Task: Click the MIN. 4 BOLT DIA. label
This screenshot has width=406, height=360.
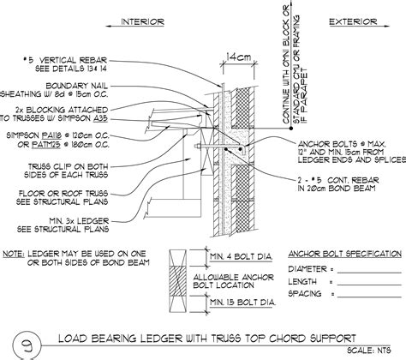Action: (x=242, y=255)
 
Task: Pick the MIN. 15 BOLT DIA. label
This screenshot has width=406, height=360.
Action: (x=243, y=303)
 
